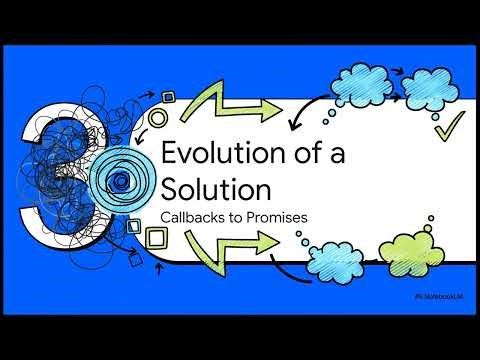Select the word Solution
coord(216,188)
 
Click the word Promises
coord(275,215)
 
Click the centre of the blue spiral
coord(119,181)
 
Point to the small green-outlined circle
coord(157,119)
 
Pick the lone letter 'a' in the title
coord(315,155)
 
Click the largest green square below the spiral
coord(156,238)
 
